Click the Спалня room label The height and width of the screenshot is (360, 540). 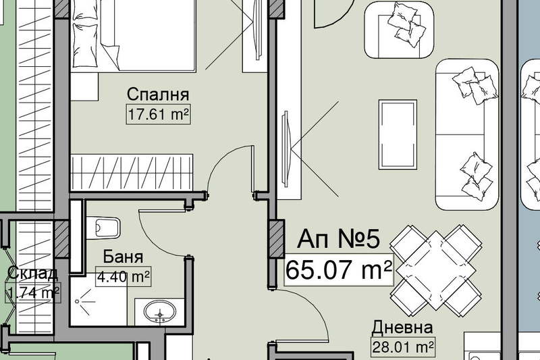tap(158, 95)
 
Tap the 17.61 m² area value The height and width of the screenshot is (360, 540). tap(159, 113)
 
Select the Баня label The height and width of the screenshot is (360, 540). tap(123, 257)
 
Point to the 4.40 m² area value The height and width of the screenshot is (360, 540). tap(124, 276)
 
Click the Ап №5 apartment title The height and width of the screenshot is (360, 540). tap(339, 238)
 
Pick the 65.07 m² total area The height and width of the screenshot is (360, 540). tap(339, 270)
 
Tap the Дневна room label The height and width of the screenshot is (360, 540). tap(402, 328)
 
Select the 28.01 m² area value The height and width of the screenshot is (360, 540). tap(402, 346)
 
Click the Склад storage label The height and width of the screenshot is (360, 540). tap(32, 274)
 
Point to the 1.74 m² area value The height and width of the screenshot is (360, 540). tap(32, 292)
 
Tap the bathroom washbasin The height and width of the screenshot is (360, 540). tap(160, 312)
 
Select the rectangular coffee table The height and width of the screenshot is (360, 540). tap(398, 134)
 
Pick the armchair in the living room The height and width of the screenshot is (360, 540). tap(399, 30)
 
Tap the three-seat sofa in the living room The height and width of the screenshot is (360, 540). tap(467, 134)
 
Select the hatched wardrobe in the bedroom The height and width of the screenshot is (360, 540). tap(132, 172)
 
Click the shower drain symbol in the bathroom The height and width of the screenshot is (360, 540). tap(78, 301)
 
